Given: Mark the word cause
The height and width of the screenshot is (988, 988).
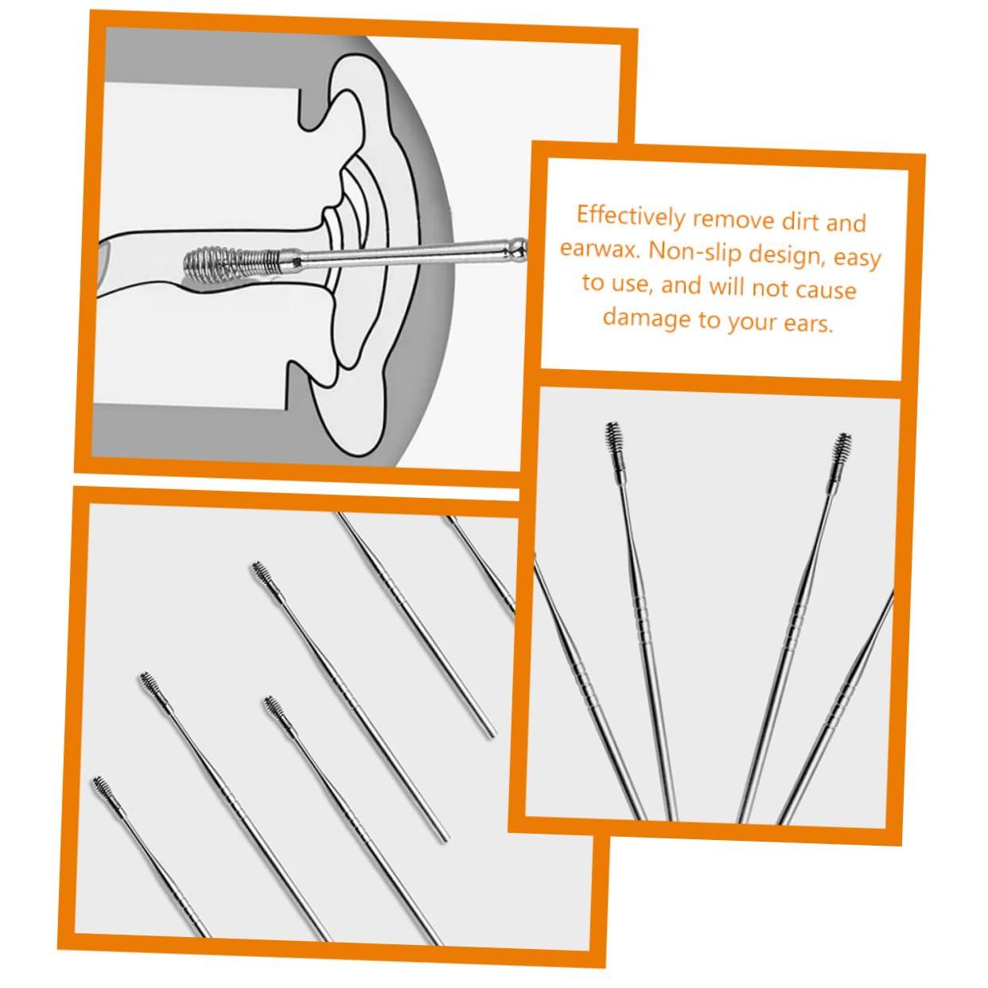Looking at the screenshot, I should pyautogui.click(x=825, y=289).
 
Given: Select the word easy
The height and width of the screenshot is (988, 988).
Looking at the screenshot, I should pyautogui.click(x=855, y=259).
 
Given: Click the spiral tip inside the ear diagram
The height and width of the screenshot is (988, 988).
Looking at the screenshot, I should pyautogui.click(x=231, y=259).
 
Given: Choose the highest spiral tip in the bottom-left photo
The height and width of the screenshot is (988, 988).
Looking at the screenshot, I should pyautogui.click(x=260, y=574).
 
